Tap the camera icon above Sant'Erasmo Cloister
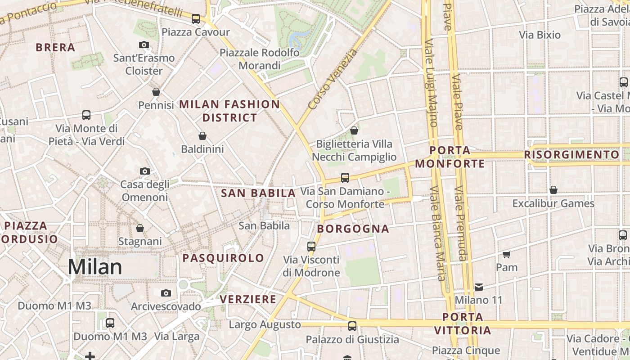coord(144,45)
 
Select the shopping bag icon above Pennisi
coord(156,92)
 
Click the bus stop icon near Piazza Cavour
coord(195,19)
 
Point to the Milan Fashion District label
coord(229,111)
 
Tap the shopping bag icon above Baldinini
coord(202,135)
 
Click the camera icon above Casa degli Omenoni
coord(144,171)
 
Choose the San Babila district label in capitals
coord(258,193)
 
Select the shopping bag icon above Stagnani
coord(140,228)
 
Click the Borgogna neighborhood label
coord(353,229)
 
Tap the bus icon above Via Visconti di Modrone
coord(311,247)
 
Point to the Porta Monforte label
coord(450,157)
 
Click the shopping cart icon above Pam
coord(507,254)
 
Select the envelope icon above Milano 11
coord(478,287)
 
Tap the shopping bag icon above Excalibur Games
coord(553,190)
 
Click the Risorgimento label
coord(571,155)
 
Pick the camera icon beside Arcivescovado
coord(166,293)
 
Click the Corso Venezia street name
coord(333,79)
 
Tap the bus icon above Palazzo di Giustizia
coord(352,326)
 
